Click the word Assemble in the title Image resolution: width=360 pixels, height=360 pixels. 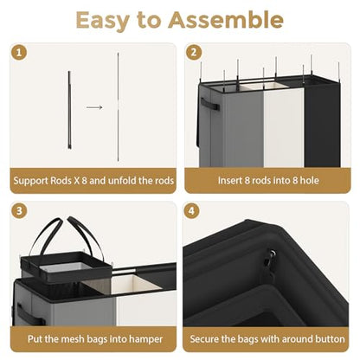pyautogui.click(x=226, y=20)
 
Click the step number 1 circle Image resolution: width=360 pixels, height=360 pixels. pyautogui.click(x=19, y=53)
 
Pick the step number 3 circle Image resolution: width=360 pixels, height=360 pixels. pyautogui.click(x=19, y=211)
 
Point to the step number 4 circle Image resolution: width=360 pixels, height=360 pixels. pyautogui.click(x=191, y=211)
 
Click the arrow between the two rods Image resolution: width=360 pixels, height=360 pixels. pyautogui.click(x=94, y=107)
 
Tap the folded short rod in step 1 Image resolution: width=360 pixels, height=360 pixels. pyautogui.click(x=69, y=110)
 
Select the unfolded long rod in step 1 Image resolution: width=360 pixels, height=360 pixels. pyautogui.click(x=118, y=106)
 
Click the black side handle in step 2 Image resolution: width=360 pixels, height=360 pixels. pyautogui.click(x=209, y=104)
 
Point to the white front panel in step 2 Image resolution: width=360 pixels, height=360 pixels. pyautogui.click(x=284, y=127)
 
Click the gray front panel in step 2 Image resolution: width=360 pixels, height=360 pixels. pyautogui.click(x=243, y=129)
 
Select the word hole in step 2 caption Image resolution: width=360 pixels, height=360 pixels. pyautogui.click(x=309, y=181)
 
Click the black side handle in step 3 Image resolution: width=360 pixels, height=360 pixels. pyautogui.click(x=29, y=313)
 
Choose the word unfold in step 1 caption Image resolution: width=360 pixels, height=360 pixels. pyautogui.click(x=122, y=181)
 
